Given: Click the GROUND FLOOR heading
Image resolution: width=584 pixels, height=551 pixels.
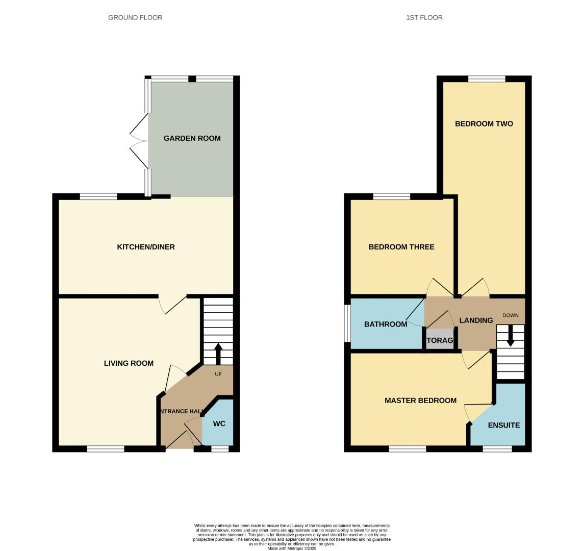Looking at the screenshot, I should [x=135, y=17].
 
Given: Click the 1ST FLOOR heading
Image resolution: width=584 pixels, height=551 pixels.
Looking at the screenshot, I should [x=424, y=17].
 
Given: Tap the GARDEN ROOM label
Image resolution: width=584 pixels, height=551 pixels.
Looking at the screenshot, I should [x=192, y=138].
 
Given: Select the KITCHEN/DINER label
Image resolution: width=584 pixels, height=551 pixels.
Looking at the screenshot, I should [x=146, y=247].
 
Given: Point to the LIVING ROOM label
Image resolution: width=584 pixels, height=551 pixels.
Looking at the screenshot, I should [x=129, y=363].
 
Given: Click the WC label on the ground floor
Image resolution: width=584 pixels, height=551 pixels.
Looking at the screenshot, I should [x=219, y=423].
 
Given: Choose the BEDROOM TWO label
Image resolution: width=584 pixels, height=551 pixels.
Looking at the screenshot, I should [x=484, y=124].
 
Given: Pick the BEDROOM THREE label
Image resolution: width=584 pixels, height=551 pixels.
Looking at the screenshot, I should [x=401, y=247].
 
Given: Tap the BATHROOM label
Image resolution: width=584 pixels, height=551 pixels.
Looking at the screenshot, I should [x=386, y=324].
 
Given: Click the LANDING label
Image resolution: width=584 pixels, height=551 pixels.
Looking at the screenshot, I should [x=476, y=320].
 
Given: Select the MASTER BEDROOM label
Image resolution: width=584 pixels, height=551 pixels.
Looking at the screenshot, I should [x=420, y=400].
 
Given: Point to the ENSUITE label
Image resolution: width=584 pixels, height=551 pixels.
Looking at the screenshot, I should [x=503, y=425].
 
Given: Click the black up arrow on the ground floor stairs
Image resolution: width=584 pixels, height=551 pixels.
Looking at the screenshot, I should [x=218, y=354].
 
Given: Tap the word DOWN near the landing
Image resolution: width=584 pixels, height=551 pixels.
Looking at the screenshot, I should [x=510, y=315].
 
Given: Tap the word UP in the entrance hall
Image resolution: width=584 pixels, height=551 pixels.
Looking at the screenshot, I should [x=218, y=374].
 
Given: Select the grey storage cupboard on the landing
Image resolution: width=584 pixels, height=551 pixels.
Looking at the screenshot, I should [x=440, y=340].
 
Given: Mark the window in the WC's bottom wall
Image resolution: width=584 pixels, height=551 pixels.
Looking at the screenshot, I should [x=220, y=449].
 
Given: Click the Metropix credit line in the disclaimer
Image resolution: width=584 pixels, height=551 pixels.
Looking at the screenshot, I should [x=292, y=548].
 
